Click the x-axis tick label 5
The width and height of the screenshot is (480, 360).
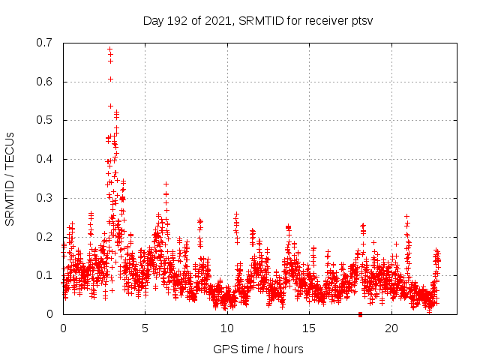pos(145,328)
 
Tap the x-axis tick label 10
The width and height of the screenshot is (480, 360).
pos(227,328)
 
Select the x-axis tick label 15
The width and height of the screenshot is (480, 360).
pos(309,328)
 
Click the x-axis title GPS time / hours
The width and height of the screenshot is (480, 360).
pos(258,349)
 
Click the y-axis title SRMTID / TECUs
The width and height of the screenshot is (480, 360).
pos(10,178)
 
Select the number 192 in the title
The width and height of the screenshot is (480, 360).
pos(176,20)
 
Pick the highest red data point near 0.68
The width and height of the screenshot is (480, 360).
pos(109,49)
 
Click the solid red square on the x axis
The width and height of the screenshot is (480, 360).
pos(361,314)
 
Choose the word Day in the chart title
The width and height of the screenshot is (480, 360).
pos(153,20)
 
